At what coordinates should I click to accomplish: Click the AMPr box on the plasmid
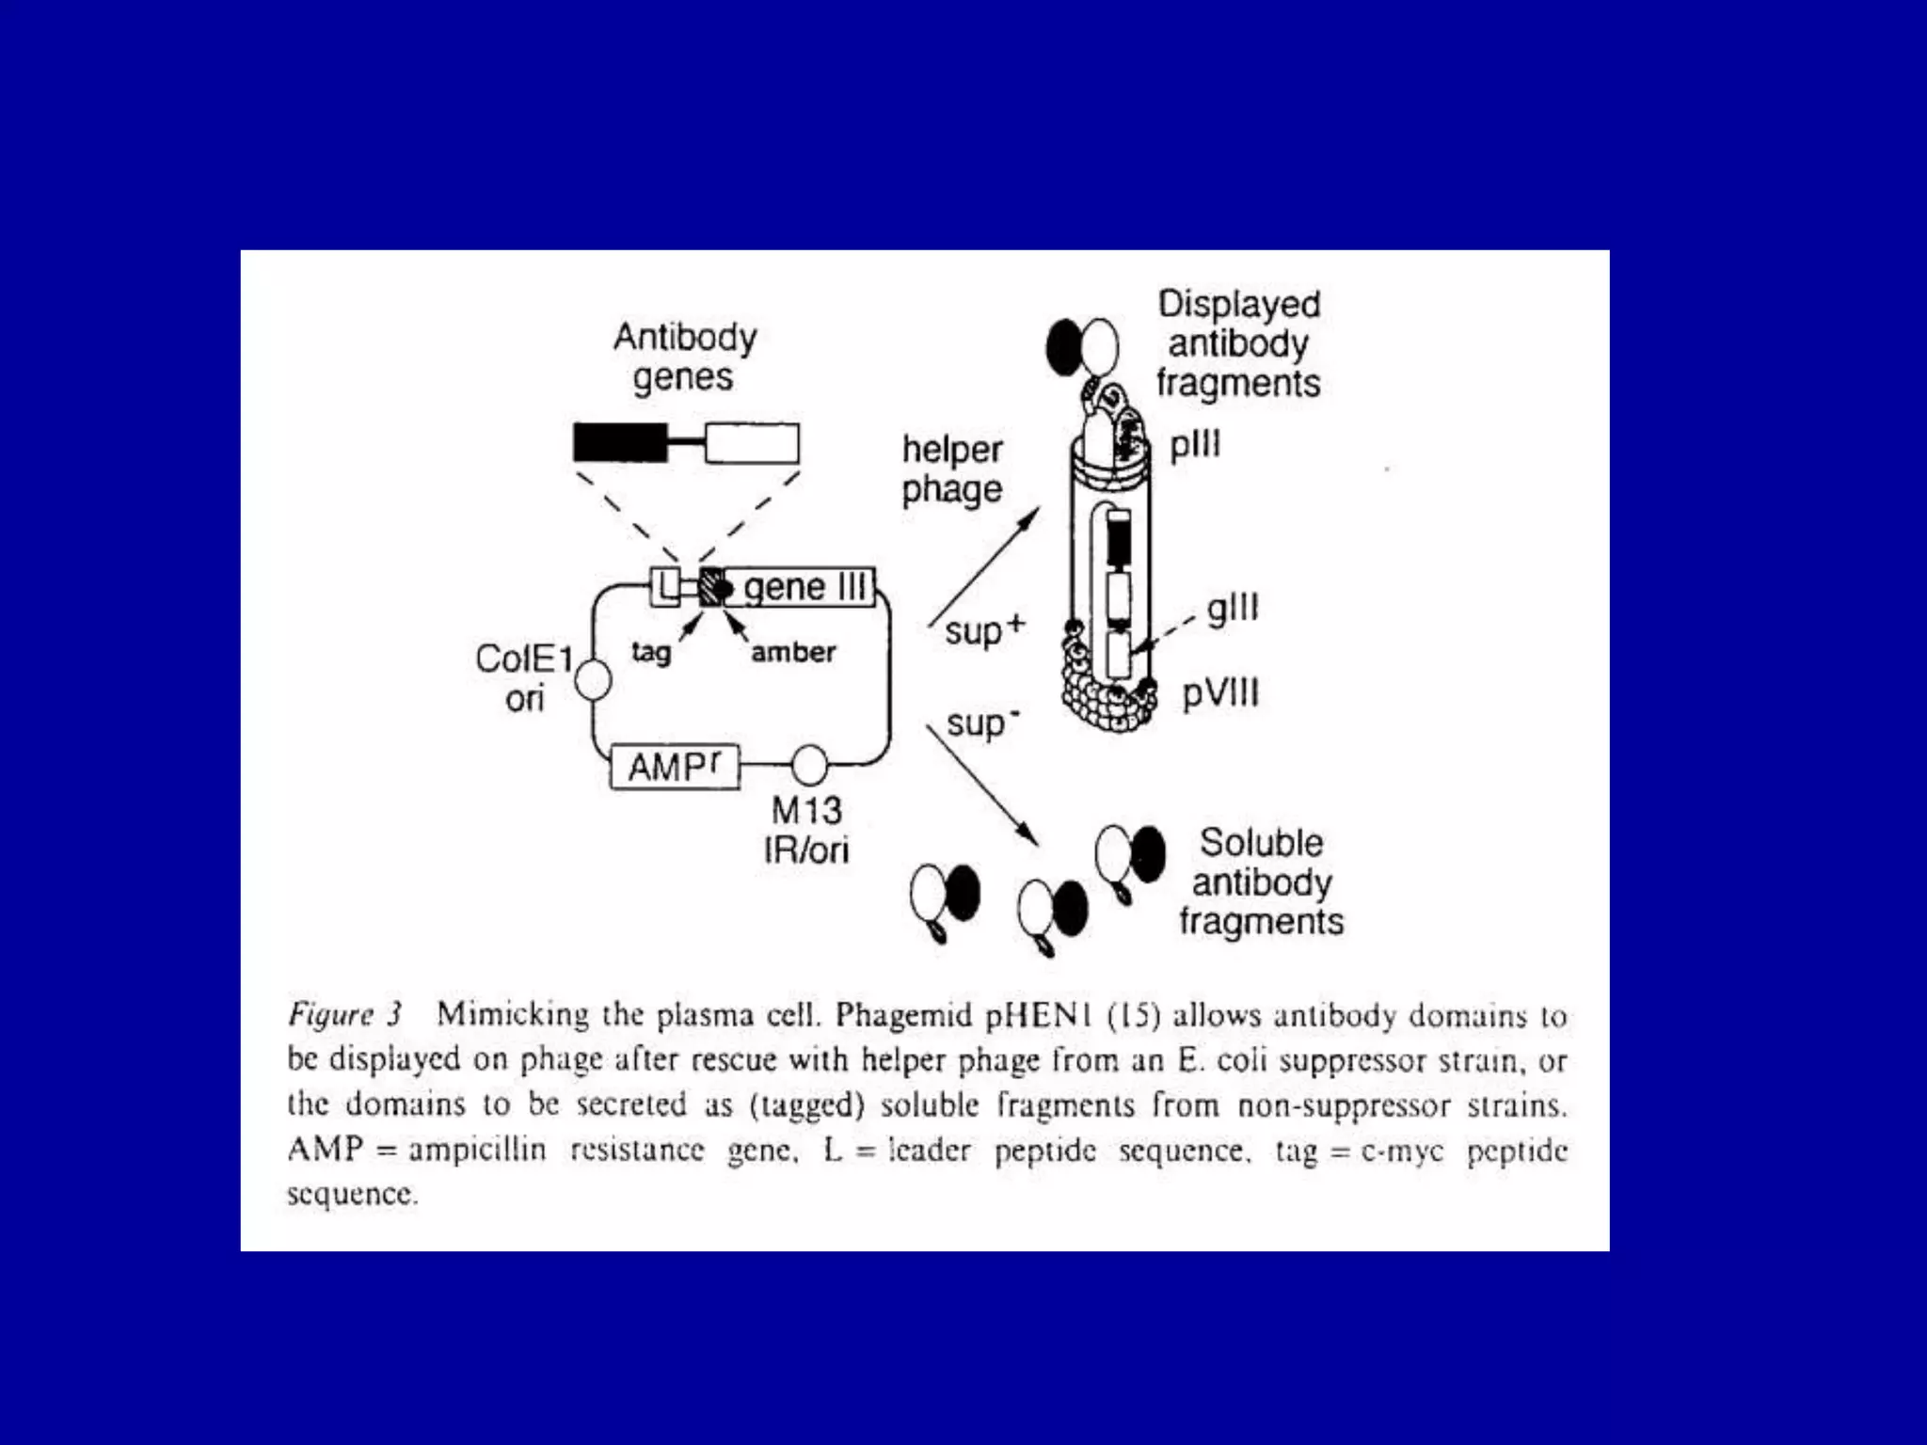[x=675, y=766]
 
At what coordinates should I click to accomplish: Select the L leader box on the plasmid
[x=666, y=587]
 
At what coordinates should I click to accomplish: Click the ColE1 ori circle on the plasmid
[x=593, y=679]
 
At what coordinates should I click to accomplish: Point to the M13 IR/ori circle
[x=809, y=766]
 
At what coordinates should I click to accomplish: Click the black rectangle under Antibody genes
[x=620, y=443]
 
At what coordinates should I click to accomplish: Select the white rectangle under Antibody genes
[x=752, y=443]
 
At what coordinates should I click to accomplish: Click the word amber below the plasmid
[x=793, y=652]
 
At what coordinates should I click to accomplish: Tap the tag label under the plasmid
[x=651, y=652]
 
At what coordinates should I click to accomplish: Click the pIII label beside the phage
[x=1195, y=444]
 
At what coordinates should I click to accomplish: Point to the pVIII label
[x=1220, y=694]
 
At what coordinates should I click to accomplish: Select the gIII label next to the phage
[x=1233, y=609]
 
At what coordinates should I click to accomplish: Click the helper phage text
[x=952, y=469]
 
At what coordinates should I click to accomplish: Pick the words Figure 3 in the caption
[x=344, y=1014]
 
